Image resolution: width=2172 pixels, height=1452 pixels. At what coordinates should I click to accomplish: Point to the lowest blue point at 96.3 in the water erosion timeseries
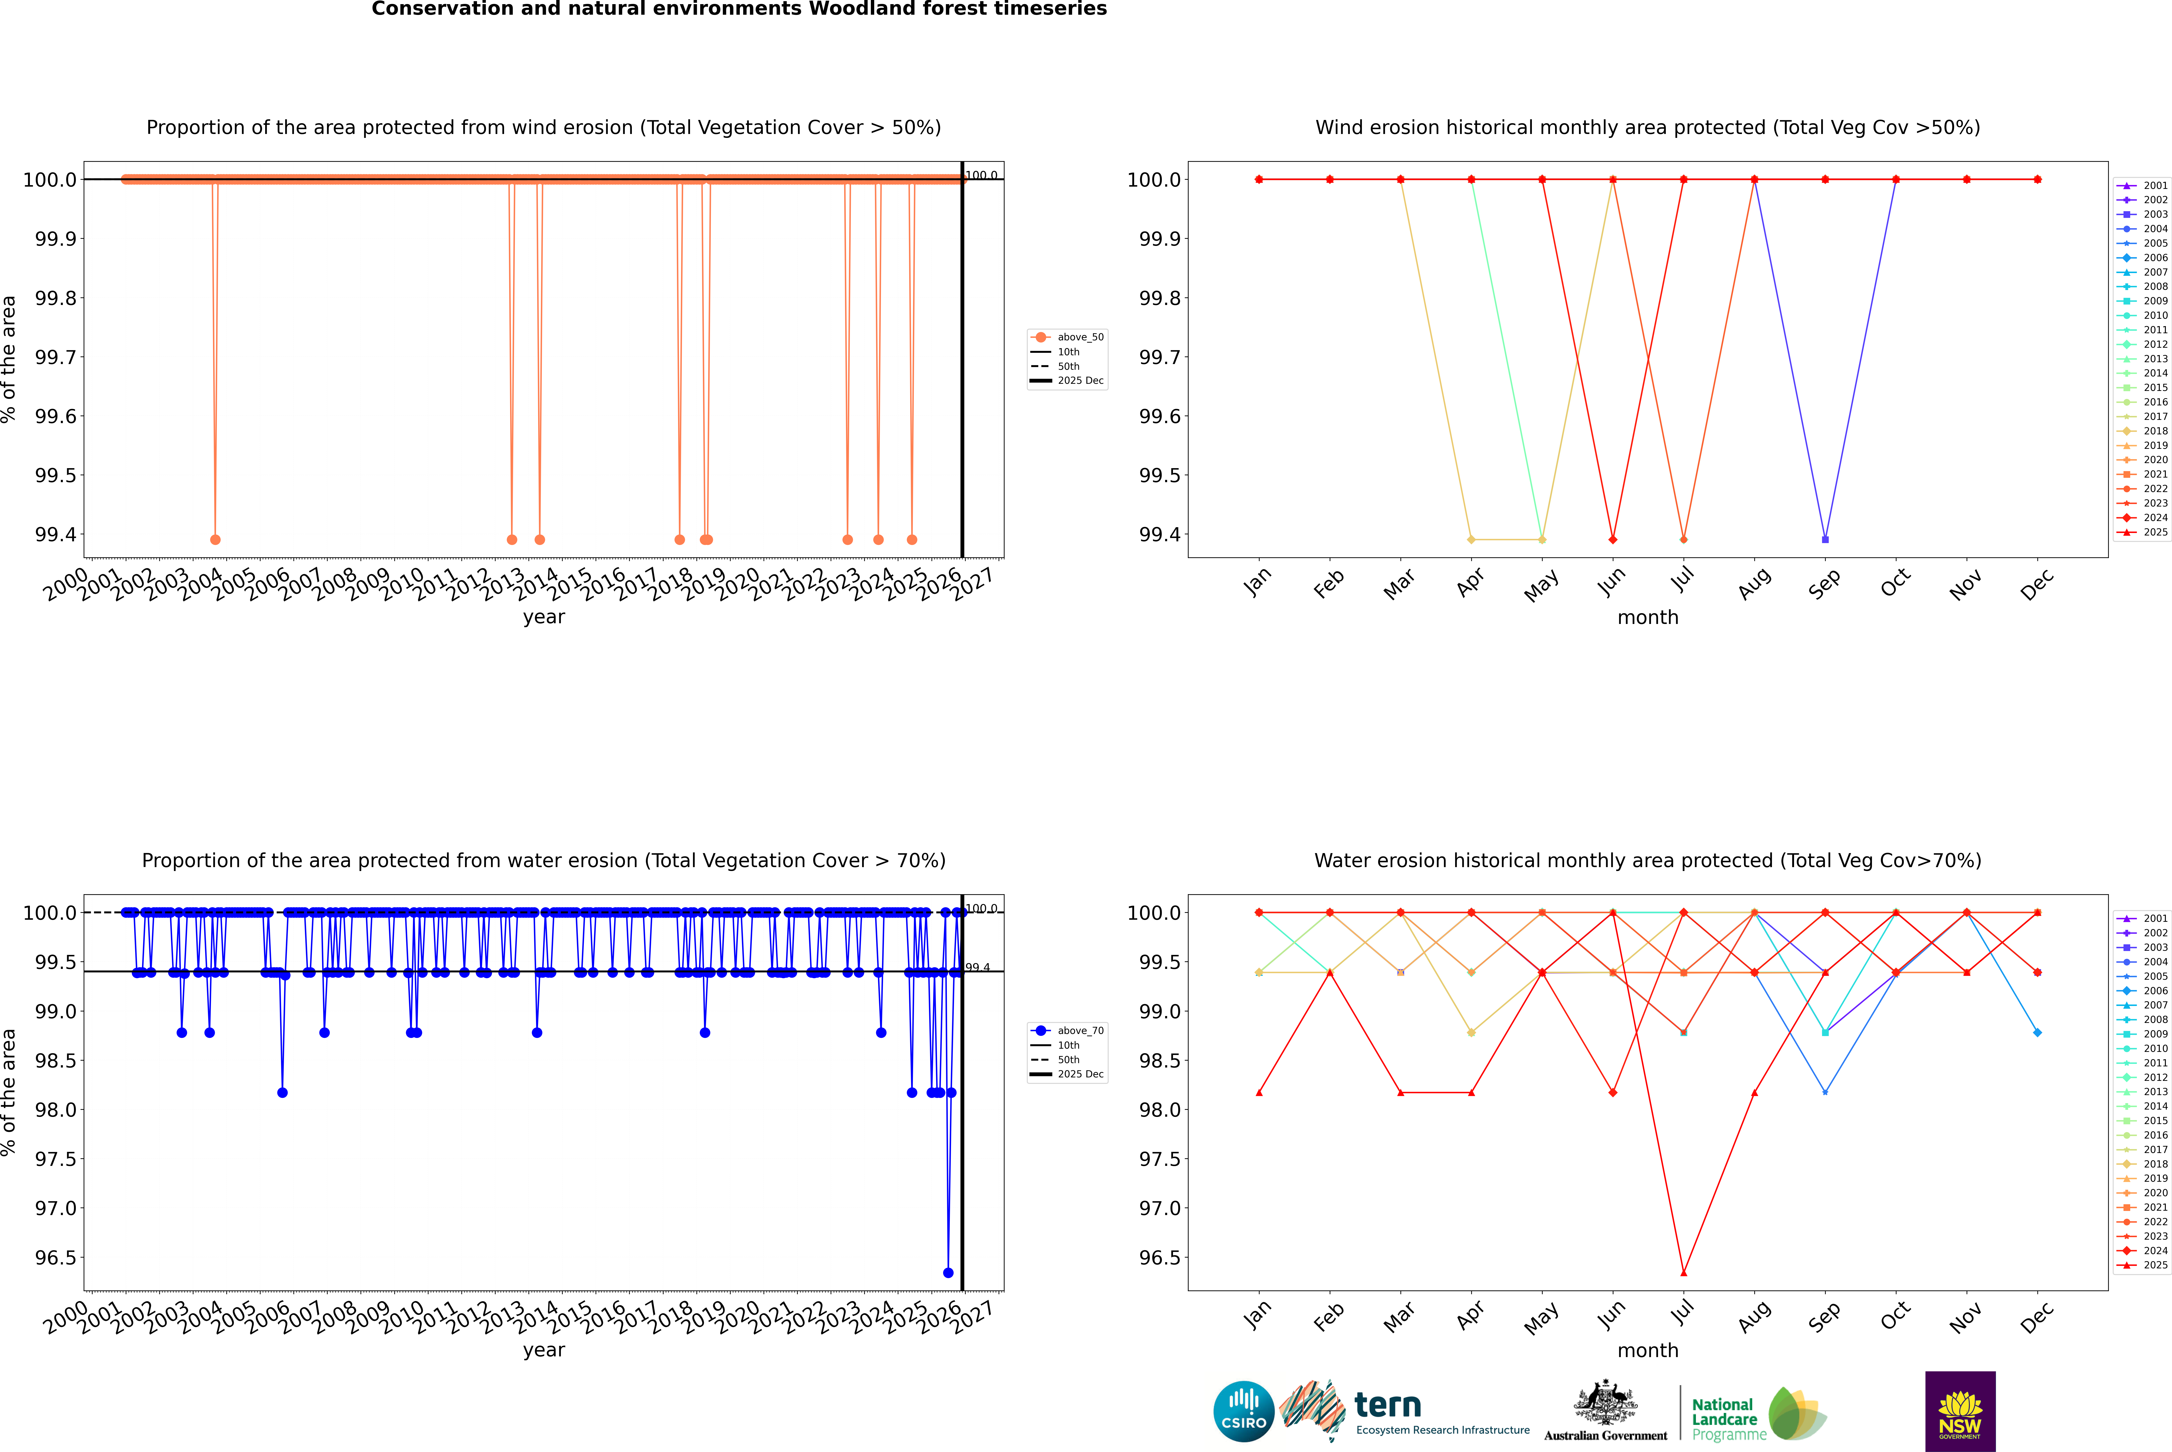click(x=948, y=1272)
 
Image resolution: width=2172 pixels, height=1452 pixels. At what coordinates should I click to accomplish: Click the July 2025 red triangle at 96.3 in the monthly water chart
click(x=1683, y=1272)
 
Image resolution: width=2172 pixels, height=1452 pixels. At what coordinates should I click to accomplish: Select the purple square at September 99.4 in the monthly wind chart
click(x=1825, y=539)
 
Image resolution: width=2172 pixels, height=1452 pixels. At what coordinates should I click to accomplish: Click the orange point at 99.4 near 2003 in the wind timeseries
click(x=215, y=539)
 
